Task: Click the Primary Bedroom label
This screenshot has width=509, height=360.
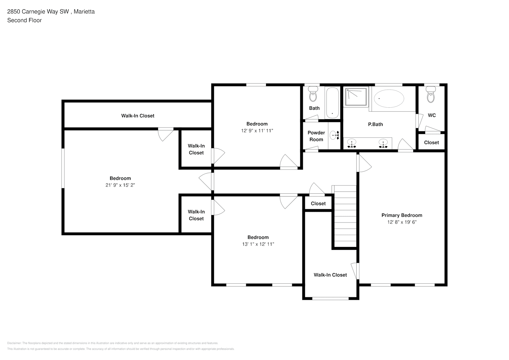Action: [x=402, y=215]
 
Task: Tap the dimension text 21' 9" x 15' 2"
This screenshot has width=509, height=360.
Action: [x=120, y=185]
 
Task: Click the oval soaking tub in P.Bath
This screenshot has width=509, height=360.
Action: [x=389, y=98]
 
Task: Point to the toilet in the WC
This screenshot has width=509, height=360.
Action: [x=431, y=96]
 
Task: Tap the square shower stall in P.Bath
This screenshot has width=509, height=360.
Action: [x=356, y=97]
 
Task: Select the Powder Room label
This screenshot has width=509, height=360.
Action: [x=316, y=136]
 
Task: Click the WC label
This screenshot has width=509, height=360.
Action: [x=432, y=115]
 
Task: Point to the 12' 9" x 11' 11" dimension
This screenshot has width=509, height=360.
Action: [x=257, y=131]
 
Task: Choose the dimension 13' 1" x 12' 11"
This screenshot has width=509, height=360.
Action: [x=258, y=244]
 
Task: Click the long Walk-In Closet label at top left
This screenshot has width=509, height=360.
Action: [x=138, y=116]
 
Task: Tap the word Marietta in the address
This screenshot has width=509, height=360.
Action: [x=84, y=12]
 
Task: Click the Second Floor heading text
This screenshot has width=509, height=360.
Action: [x=24, y=20]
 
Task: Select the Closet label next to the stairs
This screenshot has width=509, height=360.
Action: [x=318, y=203]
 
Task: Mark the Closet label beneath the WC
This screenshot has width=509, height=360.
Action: [x=431, y=143]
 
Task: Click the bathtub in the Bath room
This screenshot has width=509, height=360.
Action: [x=332, y=103]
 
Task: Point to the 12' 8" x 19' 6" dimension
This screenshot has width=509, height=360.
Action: [x=402, y=222]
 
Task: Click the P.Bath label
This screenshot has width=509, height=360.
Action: [x=375, y=124]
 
